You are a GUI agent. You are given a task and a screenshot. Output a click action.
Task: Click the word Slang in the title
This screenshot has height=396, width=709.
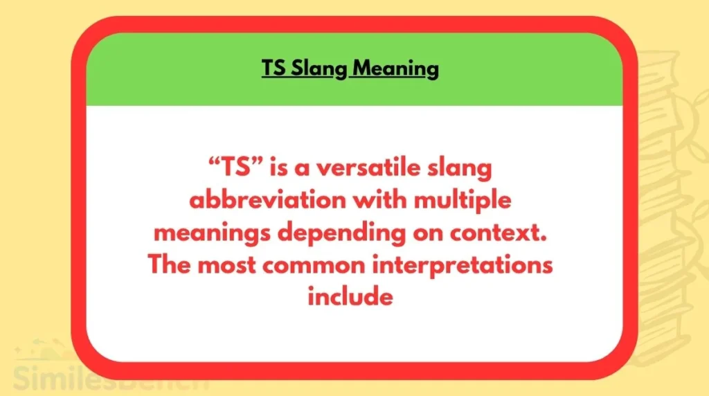tap(320, 69)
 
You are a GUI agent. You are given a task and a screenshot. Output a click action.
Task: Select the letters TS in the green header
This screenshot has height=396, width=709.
tap(273, 69)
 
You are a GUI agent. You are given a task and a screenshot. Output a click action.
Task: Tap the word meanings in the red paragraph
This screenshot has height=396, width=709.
tap(211, 233)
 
